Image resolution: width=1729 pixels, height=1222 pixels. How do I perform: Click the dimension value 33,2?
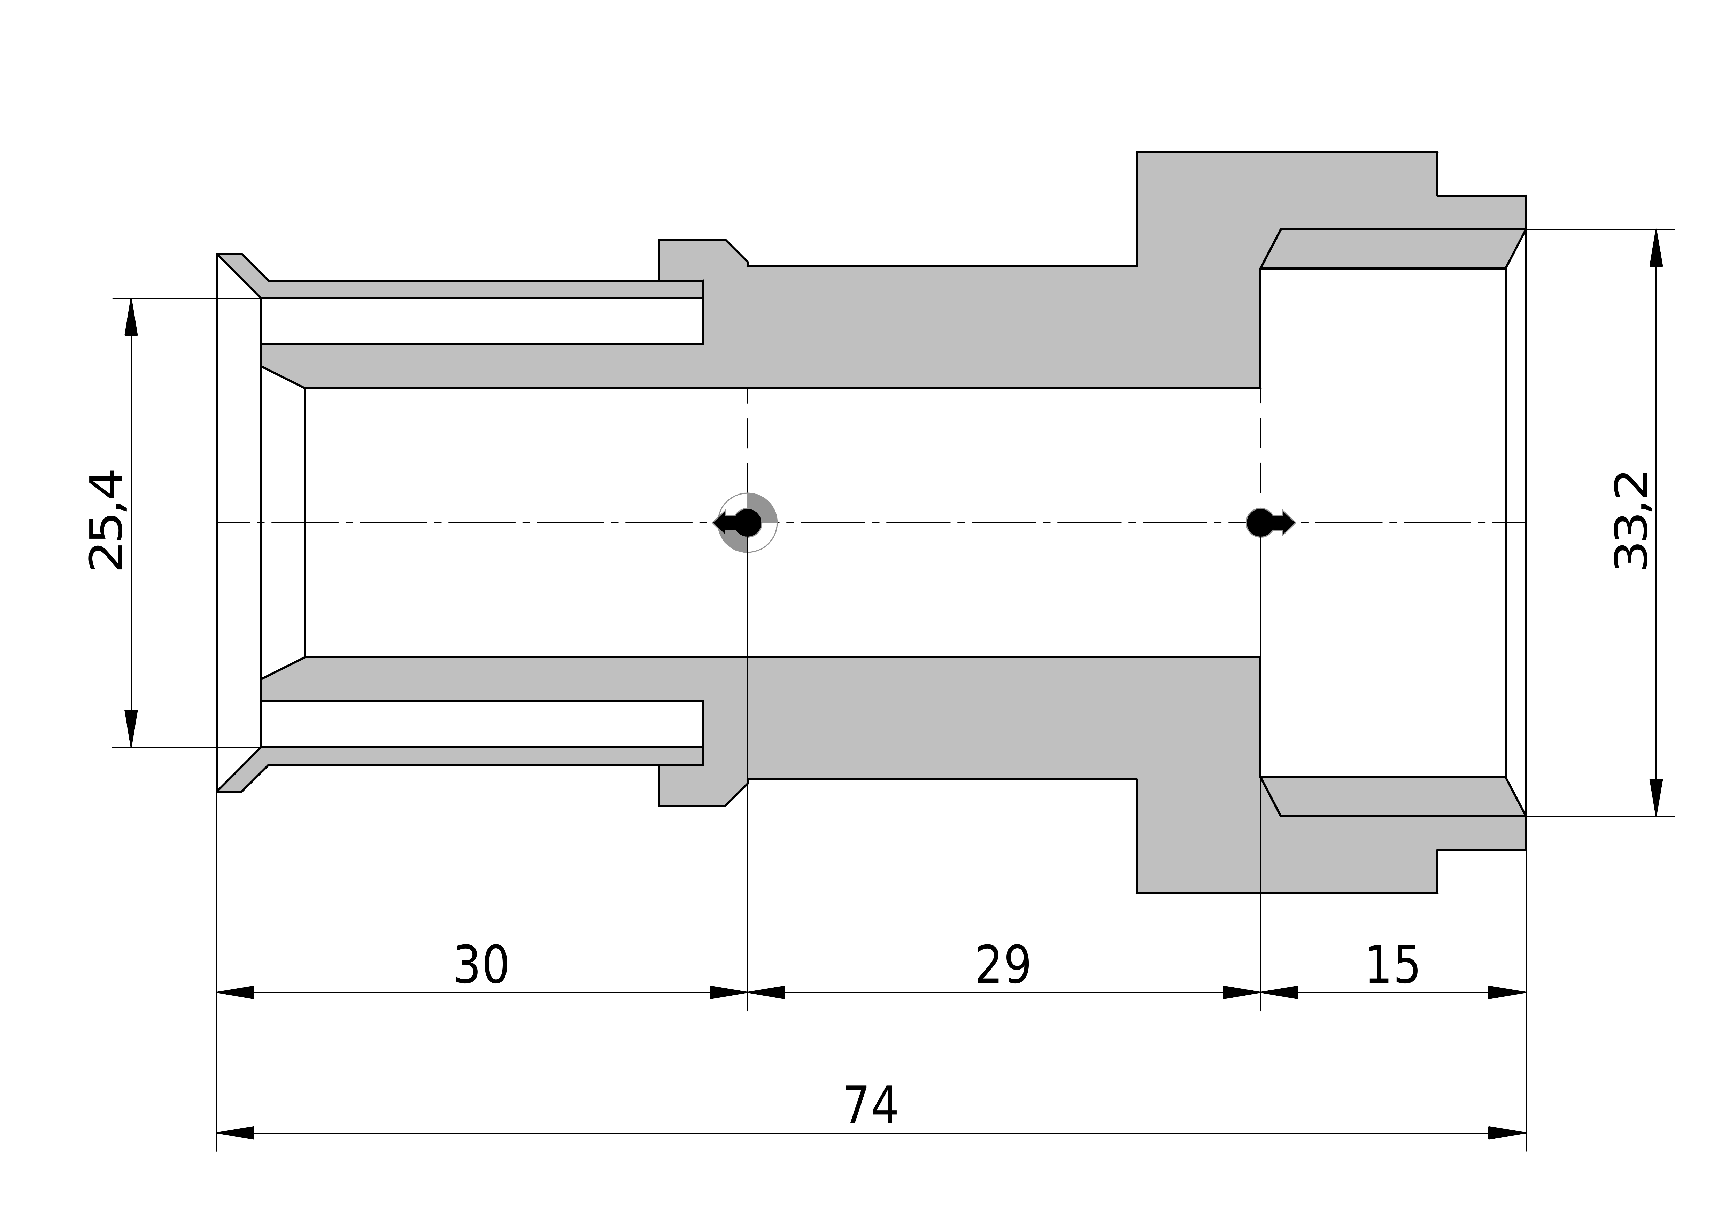(x=1632, y=521)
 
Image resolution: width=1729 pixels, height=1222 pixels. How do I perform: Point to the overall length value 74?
(x=871, y=1106)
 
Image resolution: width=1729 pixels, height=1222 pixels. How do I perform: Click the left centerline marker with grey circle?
(x=746, y=522)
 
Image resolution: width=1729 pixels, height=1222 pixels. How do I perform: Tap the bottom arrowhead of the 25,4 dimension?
(x=131, y=729)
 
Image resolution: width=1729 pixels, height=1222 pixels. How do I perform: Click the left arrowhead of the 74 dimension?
(x=236, y=1133)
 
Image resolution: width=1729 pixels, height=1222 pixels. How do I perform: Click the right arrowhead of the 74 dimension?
(x=1507, y=1133)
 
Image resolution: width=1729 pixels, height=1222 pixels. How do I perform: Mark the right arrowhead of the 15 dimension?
(x=1507, y=993)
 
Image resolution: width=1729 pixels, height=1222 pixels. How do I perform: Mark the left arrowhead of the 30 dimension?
(x=236, y=993)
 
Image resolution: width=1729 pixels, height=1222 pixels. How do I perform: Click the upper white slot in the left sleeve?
(x=482, y=321)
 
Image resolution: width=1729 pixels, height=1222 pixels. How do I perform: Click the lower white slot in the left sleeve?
(x=482, y=724)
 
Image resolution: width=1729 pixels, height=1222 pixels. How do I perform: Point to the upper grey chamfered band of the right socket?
(x=1393, y=248)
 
